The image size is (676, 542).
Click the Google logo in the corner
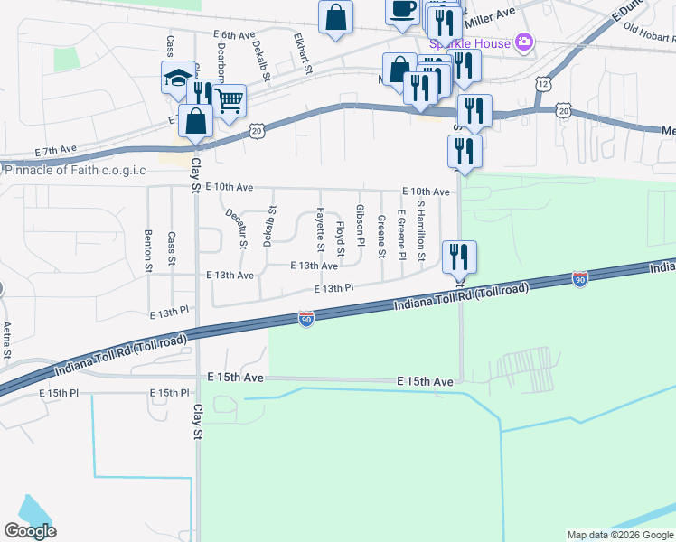coord(30,530)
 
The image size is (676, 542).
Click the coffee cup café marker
coord(403,10)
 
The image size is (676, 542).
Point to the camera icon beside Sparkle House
coord(523,42)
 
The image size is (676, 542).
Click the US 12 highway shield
coord(542,83)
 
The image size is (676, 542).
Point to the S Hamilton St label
coord(420,229)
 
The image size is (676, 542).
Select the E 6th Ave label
coord(237,34)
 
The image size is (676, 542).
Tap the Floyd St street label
coord(341,237)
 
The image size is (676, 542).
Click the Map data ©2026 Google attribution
coord(620,535)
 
